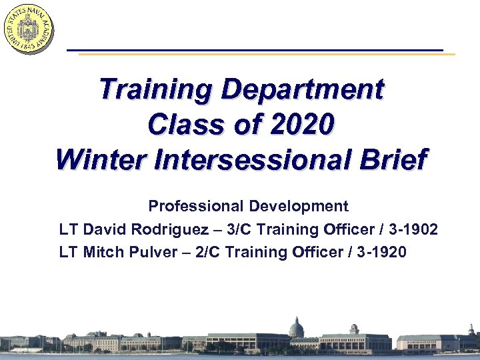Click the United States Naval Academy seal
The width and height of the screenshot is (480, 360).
[x=28, y=28]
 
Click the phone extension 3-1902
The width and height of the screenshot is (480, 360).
[x=413, y=229]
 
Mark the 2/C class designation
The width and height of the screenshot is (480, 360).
[x=212, y=252]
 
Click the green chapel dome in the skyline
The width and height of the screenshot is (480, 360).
[x=296, y=327]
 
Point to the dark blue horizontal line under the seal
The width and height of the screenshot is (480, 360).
[x=253, y=50]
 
